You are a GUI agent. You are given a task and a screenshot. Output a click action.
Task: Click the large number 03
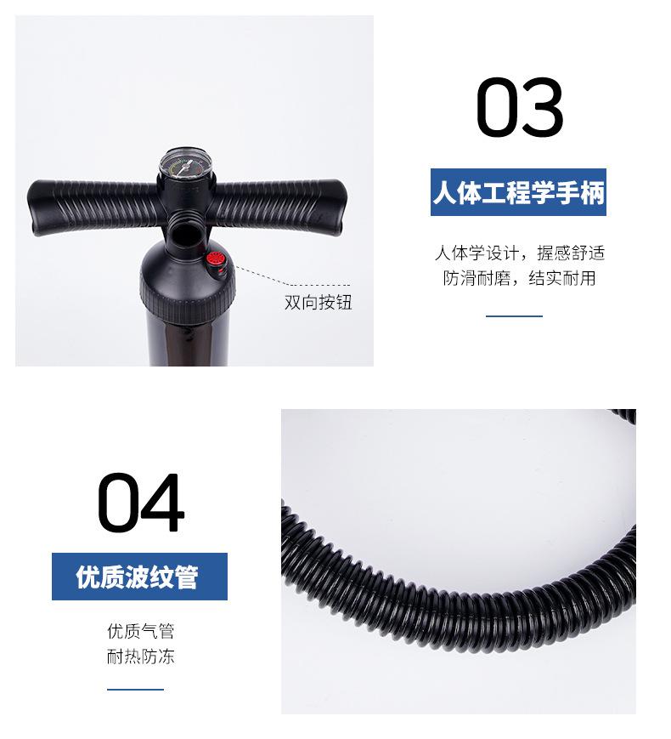[519, 108]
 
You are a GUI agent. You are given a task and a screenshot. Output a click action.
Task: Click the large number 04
[140, 503]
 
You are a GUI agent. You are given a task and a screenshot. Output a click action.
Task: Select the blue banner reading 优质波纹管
[139, 577]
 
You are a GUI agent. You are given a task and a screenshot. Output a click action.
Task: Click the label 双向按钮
[318, 303]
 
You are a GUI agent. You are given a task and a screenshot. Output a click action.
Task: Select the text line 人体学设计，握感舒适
[519, 253]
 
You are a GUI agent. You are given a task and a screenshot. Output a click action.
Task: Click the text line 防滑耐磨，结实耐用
[519, 278]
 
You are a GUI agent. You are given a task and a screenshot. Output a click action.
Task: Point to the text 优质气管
[140, 631]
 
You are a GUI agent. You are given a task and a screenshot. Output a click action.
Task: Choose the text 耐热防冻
[140, 656]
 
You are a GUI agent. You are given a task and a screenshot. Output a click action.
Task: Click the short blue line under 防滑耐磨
[514, 315]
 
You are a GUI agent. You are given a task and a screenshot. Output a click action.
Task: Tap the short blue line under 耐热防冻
[136, 690]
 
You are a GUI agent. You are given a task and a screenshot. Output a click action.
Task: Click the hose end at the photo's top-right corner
[624, 416]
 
